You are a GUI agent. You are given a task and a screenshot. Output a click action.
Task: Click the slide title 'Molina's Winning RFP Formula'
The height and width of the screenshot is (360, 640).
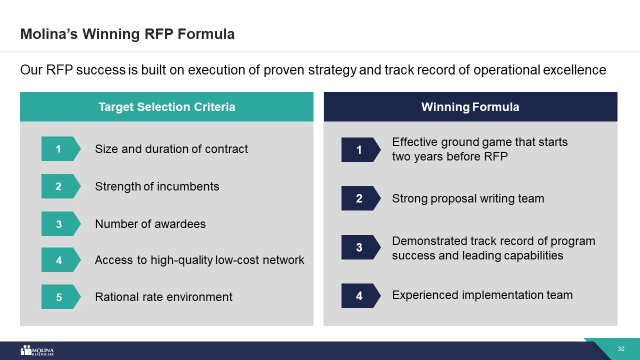tap(127, 34)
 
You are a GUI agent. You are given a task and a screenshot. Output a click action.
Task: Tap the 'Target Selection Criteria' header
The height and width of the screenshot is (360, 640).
tap(166, 107)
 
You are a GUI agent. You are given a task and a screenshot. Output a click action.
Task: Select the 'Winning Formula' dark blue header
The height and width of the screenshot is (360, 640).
tap(470, 107)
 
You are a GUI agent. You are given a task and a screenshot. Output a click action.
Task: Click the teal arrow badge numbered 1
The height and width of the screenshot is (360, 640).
tap(61, 148)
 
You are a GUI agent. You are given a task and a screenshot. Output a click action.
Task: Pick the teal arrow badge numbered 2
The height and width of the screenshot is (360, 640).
tap(61, 186)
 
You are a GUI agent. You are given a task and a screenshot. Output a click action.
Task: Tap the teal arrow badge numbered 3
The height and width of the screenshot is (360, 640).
tap(61, 223)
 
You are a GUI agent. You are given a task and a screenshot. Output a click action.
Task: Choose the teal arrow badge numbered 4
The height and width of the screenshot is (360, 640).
tap(61, 259)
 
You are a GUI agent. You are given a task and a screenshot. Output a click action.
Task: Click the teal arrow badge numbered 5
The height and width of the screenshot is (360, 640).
tap(61, 296)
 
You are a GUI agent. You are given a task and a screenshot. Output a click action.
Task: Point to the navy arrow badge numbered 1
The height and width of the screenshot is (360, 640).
tap(361, 149)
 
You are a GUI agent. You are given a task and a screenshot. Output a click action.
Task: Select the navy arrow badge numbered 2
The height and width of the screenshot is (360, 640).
tap(361, 198)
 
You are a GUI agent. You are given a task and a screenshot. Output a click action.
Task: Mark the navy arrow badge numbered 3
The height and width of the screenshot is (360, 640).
tap(361, 247)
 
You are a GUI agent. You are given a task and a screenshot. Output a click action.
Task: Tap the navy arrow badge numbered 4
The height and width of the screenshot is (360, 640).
tap(361, 295)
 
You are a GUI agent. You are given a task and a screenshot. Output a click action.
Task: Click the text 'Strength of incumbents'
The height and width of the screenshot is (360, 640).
tap(157, 186)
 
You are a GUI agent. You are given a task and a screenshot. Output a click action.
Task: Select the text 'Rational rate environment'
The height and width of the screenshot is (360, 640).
tap(163, 297)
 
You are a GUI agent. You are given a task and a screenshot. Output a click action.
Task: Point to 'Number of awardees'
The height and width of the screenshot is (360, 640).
tap(150, 224)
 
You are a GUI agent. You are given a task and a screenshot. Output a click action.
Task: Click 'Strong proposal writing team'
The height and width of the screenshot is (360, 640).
tap(468, 198)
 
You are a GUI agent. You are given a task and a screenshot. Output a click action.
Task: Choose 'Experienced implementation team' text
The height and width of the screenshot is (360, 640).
tap(482, 295)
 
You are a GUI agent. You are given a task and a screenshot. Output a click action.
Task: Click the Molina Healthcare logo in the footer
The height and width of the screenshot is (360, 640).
tap(37, 350)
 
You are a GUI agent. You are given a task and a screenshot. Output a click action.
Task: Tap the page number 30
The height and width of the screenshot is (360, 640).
tap(621, 349)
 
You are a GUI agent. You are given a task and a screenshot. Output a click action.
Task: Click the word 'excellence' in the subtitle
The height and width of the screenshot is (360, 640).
tap(574, 69)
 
